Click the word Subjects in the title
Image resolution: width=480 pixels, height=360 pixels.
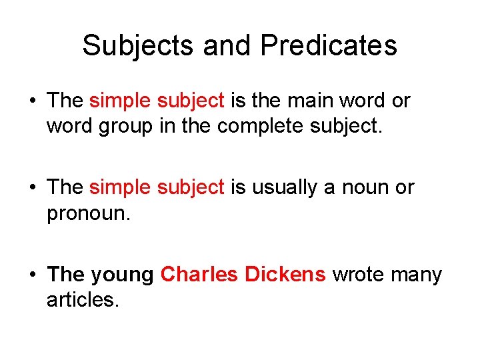click(x=137, y=46)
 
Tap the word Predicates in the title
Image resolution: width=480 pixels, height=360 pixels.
click(x=329, y=46)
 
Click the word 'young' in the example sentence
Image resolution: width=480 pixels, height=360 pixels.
click(x=122, y=275)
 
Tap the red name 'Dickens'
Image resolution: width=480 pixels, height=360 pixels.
click(x=285, y=274)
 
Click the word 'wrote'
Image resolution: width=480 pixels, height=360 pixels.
click(x=361, y=275)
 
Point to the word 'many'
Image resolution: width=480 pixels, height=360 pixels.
click(x=418, y=275)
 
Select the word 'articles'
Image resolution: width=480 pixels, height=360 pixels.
click(x=81, y=300)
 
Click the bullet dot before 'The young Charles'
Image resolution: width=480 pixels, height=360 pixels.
click(x=31, y=275)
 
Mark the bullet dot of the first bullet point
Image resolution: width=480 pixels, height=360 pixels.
click(x=31, y=101)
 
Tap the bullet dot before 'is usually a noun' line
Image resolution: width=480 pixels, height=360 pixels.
click(x=31, y=188)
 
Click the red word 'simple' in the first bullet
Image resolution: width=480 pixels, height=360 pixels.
click(x=120, y=101)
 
